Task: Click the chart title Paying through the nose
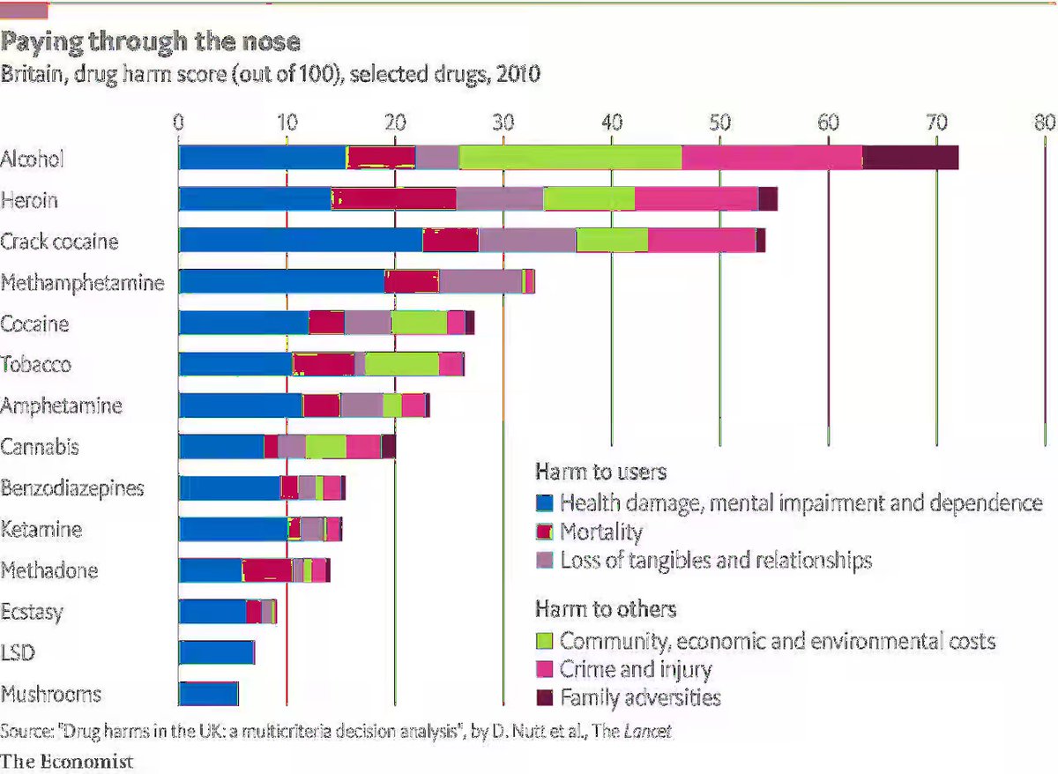click(x=151, y=41)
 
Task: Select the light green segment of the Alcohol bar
click(x=570, y=158)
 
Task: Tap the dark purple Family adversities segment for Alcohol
click(x=910, y=158)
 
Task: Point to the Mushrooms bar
click(x=208, y=694)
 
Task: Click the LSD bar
click(x=216, y=652)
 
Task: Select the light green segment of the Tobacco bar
click(x=402, y=364)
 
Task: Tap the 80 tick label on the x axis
click(x=1045, y=122)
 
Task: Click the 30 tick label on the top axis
click(x=503, y=122)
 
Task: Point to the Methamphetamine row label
click(x=82, y=283)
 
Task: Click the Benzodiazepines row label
click(x=72, y=487)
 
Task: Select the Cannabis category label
click(x=40, y=447)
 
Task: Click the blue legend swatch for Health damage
click(x=545, y=503)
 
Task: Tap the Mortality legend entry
click(x=601, y=532)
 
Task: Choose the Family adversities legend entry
click(x=640, y=697)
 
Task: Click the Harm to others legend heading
click(x=606, y=609)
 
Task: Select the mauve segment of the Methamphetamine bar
click(x=480, y=282)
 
